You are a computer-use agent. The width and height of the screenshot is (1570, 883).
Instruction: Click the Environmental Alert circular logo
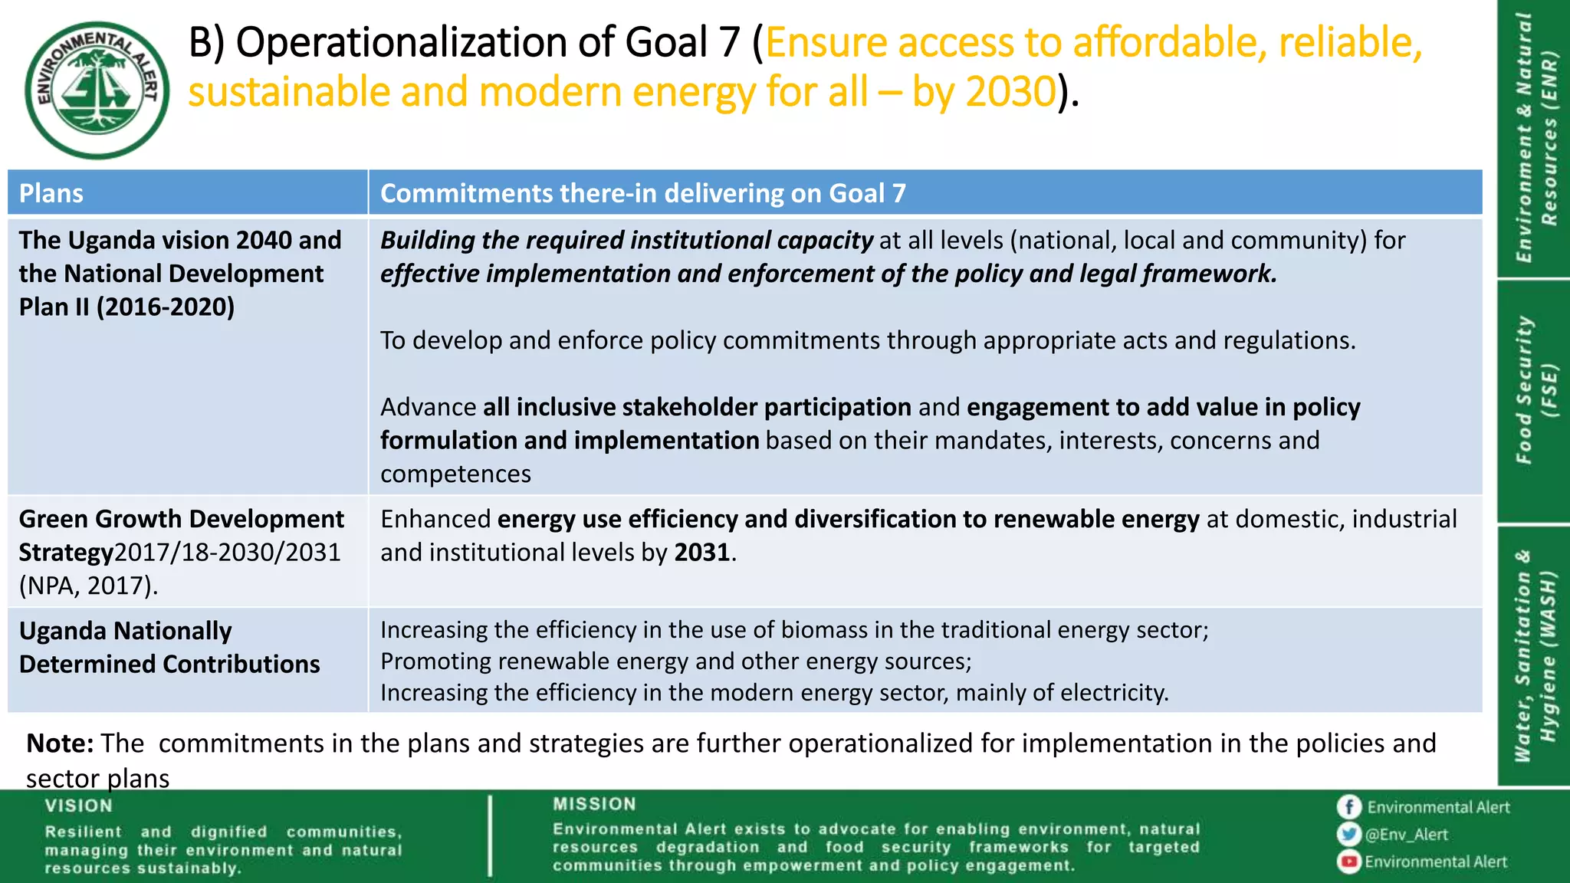(97, 90)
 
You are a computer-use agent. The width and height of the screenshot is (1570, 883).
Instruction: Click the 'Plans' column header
(51, 193)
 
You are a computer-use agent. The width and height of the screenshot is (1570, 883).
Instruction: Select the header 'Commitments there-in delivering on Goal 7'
(642, 193)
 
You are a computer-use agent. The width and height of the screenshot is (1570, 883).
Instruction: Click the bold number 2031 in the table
(701, 553)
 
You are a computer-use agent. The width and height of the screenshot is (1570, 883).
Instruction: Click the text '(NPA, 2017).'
(88, 586)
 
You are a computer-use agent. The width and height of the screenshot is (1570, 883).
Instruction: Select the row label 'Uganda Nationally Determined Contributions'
(169, 648)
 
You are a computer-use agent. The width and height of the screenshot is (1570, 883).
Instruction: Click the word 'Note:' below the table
(60, 743)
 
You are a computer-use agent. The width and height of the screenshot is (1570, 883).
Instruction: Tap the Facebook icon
(1348, 807)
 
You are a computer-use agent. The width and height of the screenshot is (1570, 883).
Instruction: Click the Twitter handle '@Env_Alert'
(1406, 835)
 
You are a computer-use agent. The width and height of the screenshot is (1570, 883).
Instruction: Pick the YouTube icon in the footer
(1348, 862)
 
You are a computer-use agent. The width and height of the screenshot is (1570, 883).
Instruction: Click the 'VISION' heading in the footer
(78, 806)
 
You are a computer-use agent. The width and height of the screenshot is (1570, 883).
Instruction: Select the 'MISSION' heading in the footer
(594, 804)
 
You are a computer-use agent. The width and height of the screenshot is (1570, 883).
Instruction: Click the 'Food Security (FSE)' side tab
(1536, 391)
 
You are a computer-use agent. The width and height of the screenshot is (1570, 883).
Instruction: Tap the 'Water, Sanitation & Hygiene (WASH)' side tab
(1536, 655)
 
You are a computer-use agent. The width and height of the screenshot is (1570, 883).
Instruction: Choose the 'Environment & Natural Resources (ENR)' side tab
(1536, 138)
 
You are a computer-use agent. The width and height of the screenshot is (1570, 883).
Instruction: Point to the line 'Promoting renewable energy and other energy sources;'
(675, 661)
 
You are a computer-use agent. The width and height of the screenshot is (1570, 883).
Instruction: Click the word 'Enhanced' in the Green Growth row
(435, 519)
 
